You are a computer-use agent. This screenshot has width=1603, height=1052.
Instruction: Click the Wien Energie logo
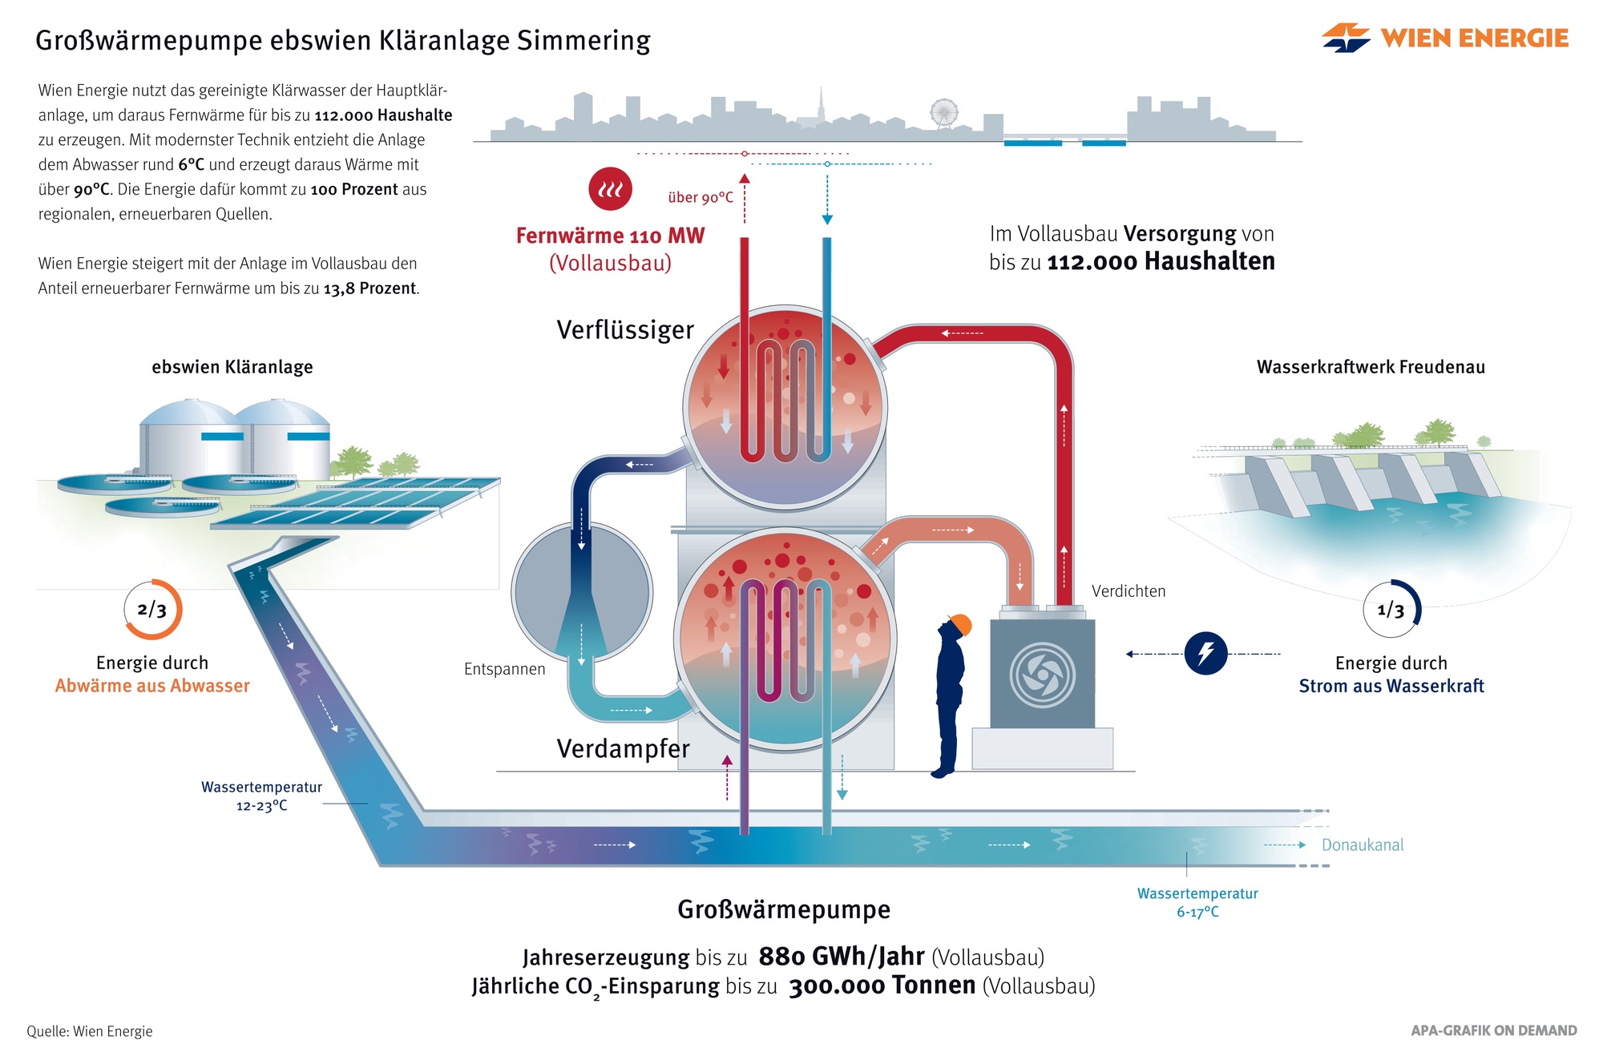point(1445,38)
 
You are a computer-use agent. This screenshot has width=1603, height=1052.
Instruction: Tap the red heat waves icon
point(610,188)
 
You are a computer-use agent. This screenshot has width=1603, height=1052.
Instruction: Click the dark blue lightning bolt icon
point(1205,653)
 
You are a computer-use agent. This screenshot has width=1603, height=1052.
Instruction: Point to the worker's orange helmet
point(959,625)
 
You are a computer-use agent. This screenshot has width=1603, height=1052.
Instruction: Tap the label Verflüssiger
point(625,329)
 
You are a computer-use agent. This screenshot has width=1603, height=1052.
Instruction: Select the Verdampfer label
point(623,748)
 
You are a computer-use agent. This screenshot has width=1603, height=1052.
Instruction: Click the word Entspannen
point(504,669)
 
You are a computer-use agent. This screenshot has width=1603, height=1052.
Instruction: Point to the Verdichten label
point(1129,591)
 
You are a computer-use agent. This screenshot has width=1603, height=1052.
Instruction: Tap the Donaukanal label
point(1363,844)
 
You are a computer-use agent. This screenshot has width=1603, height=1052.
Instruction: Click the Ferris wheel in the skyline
point(944,113)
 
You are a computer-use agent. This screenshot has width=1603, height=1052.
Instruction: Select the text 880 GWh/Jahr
point(842,956)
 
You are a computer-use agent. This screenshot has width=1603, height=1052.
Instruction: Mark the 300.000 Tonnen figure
point(882,985)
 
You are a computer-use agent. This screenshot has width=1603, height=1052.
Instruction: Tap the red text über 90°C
point(701,197)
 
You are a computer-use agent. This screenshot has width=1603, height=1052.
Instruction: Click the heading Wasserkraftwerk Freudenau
point(1371,367)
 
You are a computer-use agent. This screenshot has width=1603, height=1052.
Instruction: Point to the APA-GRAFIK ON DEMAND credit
point(1494,1030)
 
